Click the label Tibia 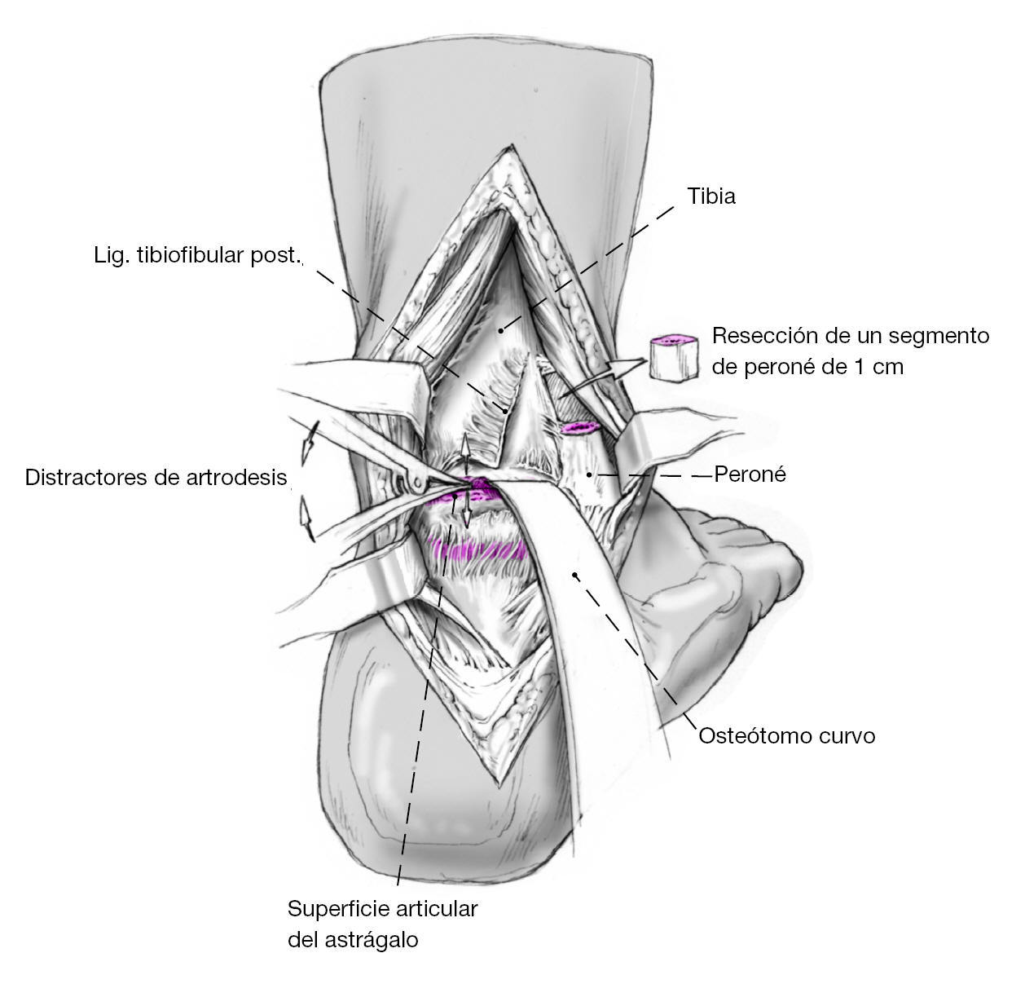711,196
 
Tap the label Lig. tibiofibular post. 196,255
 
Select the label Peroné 750,474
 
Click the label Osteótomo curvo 786,736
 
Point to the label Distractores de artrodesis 156,477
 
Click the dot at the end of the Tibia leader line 501,329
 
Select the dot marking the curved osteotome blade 575,576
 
